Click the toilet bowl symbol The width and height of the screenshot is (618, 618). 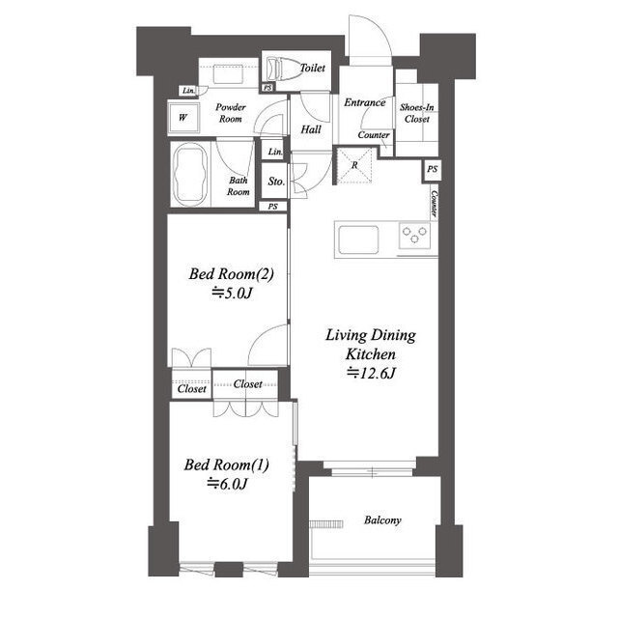click(x=282, y=70)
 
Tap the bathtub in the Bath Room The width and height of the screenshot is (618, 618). click(x=191, y=174)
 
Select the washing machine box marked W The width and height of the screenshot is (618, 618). click(x=183, y=118)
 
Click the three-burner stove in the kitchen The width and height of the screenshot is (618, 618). click(x=414, y=236)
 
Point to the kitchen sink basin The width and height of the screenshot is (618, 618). click(x=358, y=239)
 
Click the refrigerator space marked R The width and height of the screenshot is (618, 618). click(x=354, y=165)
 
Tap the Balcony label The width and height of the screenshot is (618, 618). click(x=382, y=520)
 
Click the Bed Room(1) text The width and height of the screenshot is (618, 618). click(x=227, y=464)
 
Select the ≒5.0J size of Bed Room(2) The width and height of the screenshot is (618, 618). click(x=232, y=294)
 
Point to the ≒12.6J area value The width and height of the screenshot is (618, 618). click(x=371, y=373)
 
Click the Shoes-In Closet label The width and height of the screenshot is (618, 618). click(x=416, y=113)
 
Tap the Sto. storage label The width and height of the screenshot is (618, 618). click(x=276, y=182)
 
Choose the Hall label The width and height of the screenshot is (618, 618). click(x=311, y=129)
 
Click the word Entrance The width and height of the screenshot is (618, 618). click(x=365, y=102)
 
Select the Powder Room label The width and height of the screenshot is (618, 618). click(x=231, y=113)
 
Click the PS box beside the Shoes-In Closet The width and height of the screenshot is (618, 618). click(x=433, y=170)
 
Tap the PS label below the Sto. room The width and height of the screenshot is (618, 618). click(x=272, y=206)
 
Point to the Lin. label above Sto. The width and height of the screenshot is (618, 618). click(x=275, y=152)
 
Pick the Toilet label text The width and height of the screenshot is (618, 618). click(x=313, y=68)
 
